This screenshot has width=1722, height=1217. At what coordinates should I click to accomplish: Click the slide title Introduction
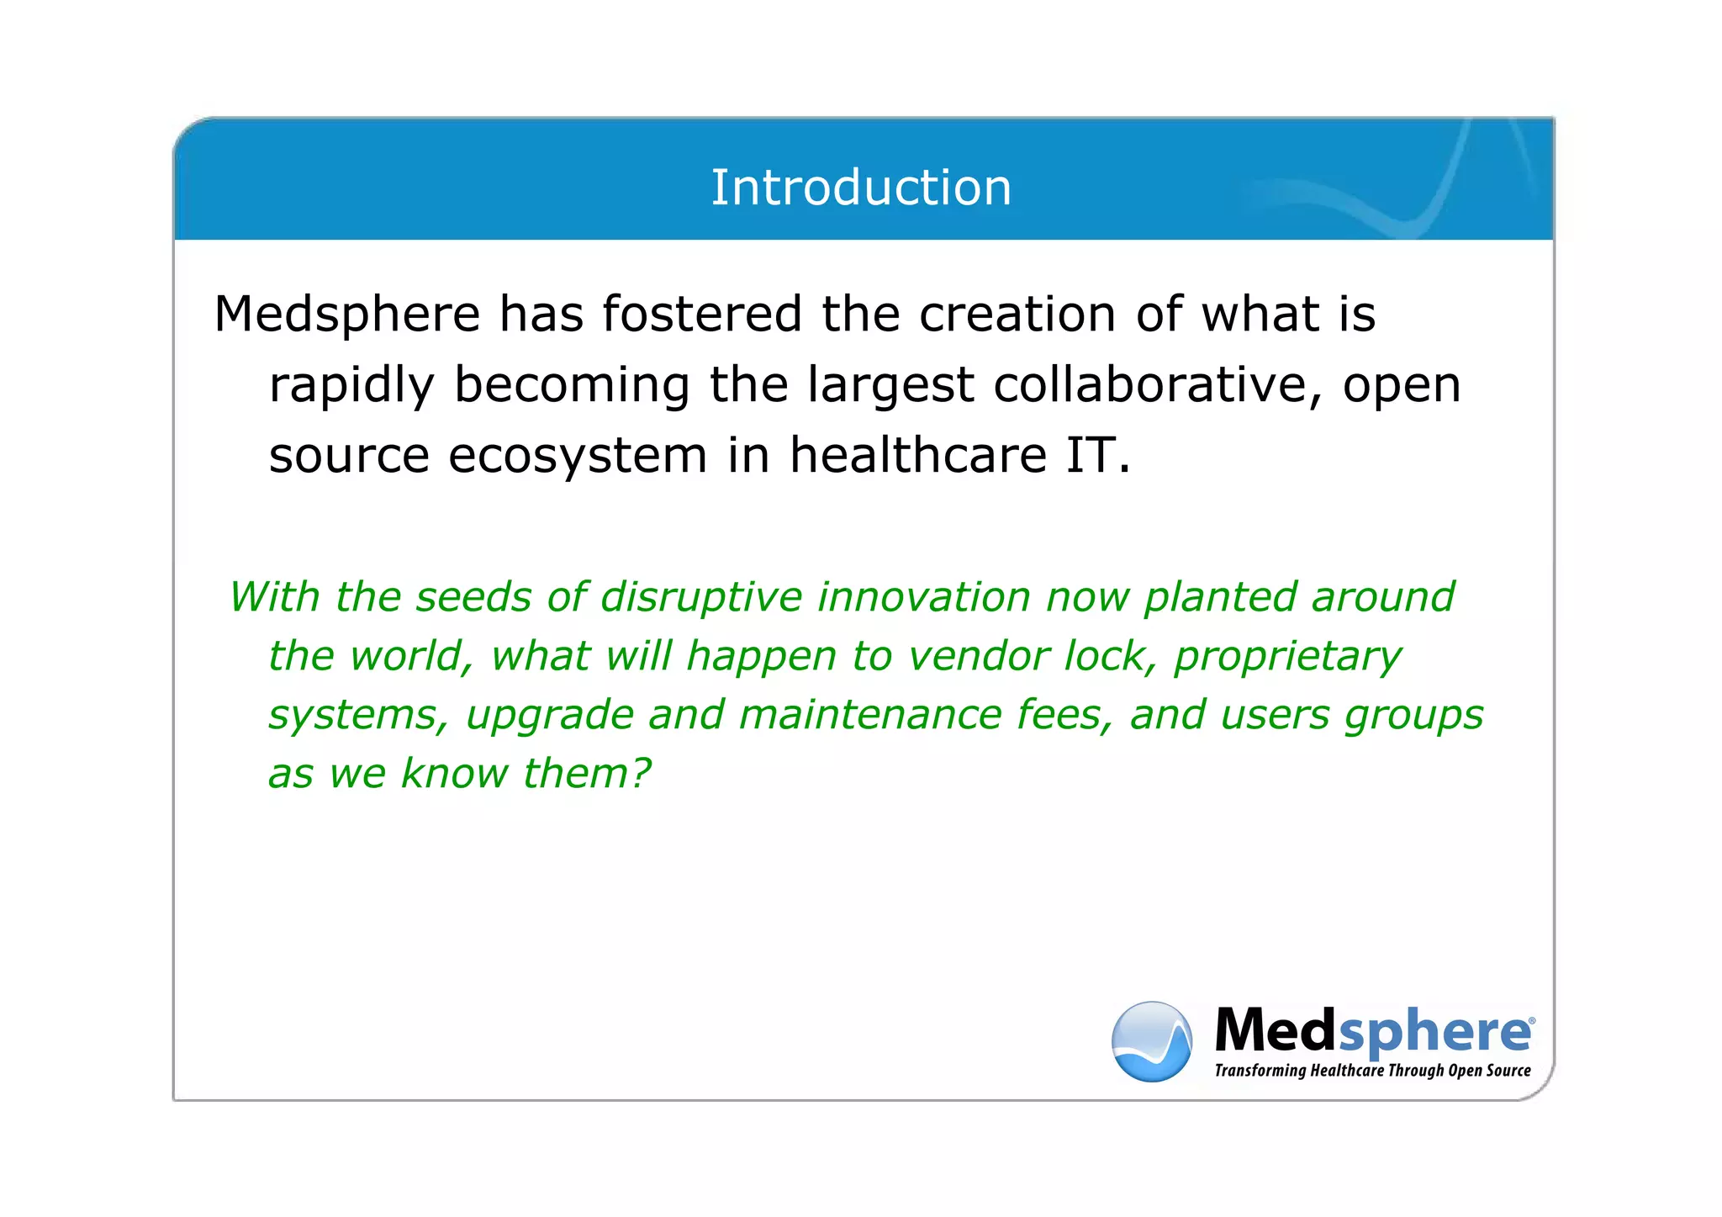861,187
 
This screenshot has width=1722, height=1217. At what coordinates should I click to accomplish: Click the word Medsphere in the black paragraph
346,315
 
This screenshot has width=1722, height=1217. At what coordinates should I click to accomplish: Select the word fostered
702,315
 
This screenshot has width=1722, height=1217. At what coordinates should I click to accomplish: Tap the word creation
1017,315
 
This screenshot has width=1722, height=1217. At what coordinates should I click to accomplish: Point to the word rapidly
351,385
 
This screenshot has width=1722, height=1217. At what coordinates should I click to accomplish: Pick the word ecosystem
578,456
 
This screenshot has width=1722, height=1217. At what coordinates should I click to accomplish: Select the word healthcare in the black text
917,456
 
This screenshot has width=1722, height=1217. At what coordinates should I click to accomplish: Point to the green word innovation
923,597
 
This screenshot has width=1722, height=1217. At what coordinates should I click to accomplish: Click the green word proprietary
1286,656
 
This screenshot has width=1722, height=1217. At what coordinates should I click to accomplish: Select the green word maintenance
869,715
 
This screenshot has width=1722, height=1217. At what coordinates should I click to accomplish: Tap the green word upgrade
549,715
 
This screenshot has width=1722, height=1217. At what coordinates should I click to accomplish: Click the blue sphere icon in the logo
1151,1041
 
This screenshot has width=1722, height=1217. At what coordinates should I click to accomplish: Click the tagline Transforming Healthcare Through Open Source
1372,1071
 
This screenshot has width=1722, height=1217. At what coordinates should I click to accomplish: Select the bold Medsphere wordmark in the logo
1372,1030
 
